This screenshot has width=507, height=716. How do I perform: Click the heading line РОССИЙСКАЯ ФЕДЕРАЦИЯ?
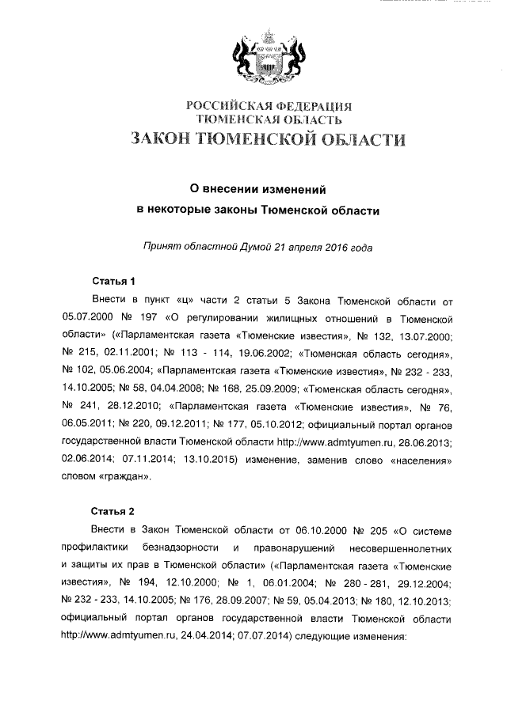click(269, 105)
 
